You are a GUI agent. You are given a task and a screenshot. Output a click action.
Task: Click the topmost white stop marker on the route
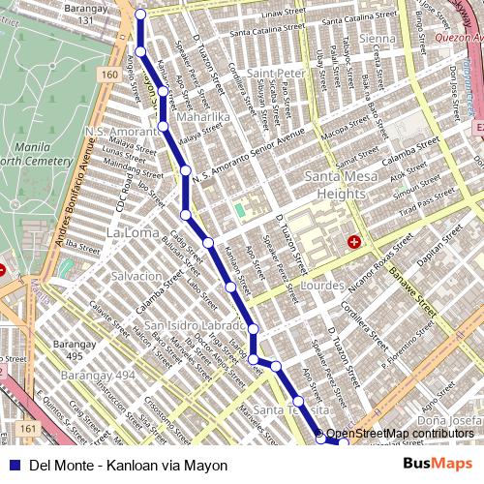(x=140, y=14)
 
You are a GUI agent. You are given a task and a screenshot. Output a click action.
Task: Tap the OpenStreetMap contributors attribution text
(x=400, y=434)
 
